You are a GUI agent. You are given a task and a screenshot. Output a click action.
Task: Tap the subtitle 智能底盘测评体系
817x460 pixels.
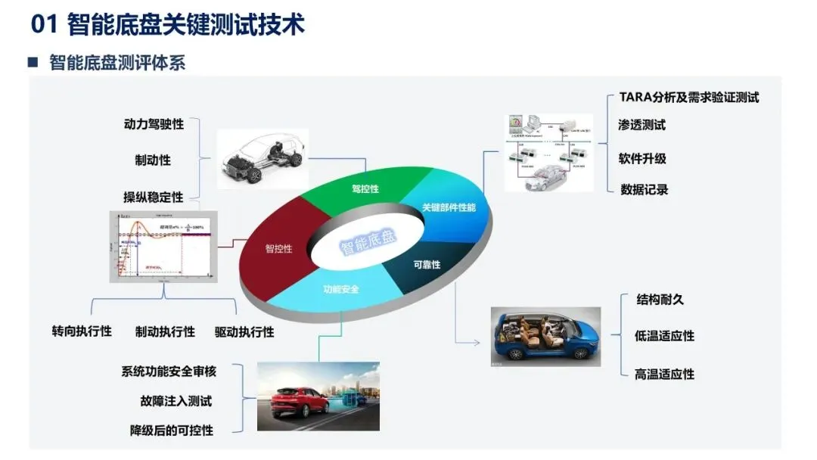(x=116, y=63)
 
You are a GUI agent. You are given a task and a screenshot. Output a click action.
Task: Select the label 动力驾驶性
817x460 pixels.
(x=154, y=123)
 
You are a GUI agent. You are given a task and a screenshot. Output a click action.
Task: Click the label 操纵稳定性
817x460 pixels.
(x=154, y=197)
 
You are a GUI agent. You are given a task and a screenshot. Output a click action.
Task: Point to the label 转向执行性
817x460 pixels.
(x=82, y=331)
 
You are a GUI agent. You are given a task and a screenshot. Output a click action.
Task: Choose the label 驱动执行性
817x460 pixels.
(x=244, y=331)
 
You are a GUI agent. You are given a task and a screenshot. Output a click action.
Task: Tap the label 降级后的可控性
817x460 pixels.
(x=172, y=430)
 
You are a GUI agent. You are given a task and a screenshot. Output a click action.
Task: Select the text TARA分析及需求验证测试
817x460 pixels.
(x=688, y=97)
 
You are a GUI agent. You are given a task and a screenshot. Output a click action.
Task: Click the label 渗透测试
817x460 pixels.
(x=642, y=125)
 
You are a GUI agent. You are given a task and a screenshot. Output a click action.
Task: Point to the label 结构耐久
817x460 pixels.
(x=660, y=299)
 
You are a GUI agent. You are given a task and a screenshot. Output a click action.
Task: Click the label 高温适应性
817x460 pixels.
(x=664, y=374)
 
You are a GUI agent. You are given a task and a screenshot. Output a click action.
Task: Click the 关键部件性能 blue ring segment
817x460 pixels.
(x=448, y=207)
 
